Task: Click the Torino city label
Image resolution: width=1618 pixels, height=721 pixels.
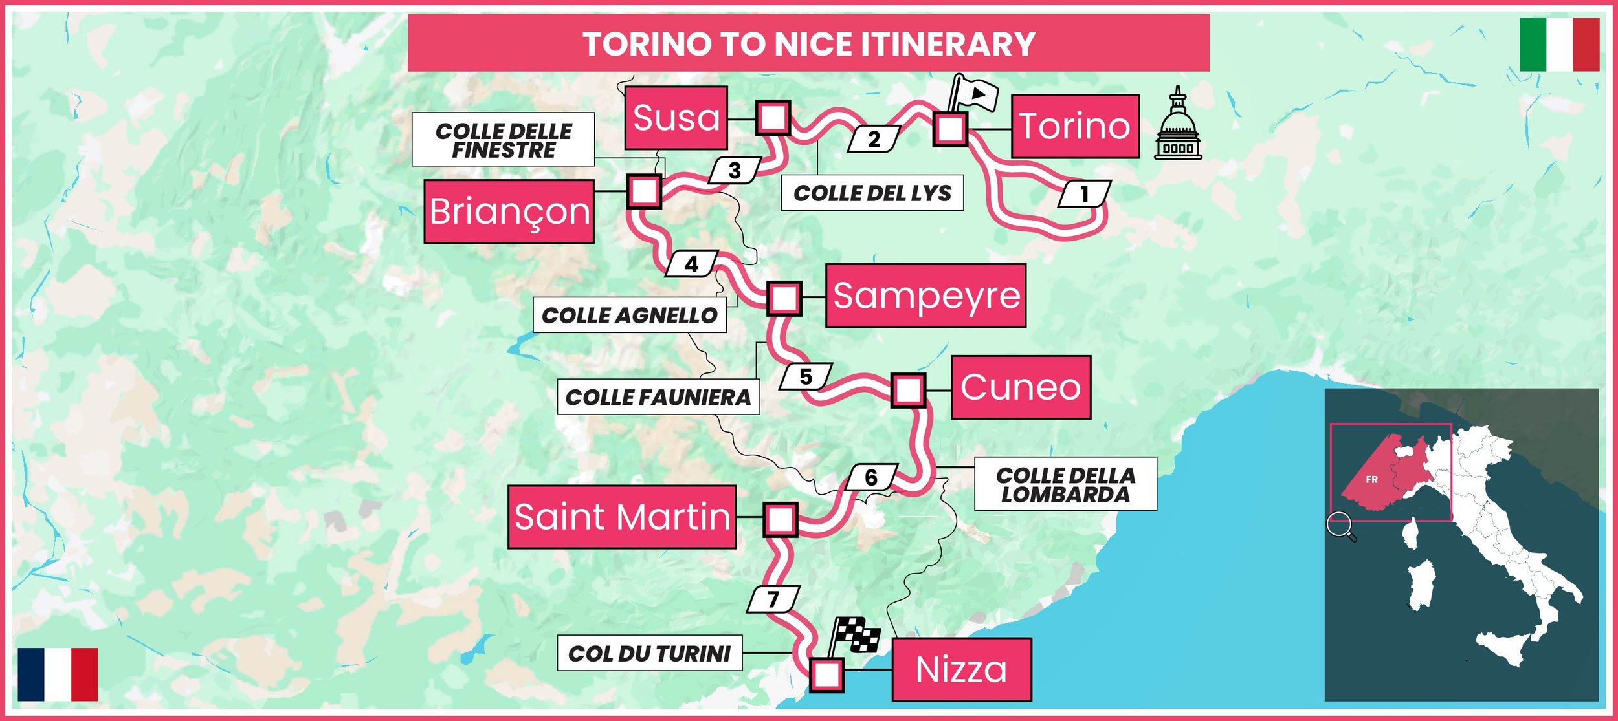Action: pos(1075,126)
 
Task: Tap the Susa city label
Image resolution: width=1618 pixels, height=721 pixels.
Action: pos(676,118)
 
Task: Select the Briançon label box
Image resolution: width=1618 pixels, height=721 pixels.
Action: pos(509,211)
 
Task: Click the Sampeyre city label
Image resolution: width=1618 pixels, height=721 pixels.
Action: pos(925,296)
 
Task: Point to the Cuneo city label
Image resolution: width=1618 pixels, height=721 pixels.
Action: pos(1021,387)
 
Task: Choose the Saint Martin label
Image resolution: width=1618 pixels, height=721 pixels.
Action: pos(622,517)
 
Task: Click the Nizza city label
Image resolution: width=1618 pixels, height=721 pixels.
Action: pos(961,669)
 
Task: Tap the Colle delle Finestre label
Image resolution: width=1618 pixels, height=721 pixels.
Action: pos(504,140)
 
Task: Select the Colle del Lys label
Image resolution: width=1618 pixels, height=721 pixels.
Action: pos(872,193)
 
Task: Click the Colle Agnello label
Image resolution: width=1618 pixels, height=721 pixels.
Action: pos(629,316)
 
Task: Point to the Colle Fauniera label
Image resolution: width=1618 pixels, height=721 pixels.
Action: pos(658,397)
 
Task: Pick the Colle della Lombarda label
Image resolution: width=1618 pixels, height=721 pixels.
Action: pos(1065,484)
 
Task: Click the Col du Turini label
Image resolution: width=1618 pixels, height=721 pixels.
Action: pos(649,653)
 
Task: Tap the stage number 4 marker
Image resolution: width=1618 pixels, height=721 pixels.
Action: pos(692,264)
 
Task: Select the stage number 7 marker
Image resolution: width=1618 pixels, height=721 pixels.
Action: pos(773,599)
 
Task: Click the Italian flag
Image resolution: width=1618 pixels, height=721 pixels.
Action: pos(1559,45)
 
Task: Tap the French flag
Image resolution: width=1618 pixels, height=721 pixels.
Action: pos(58,674)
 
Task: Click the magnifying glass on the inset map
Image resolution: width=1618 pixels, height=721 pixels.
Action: pos(1340,524)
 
